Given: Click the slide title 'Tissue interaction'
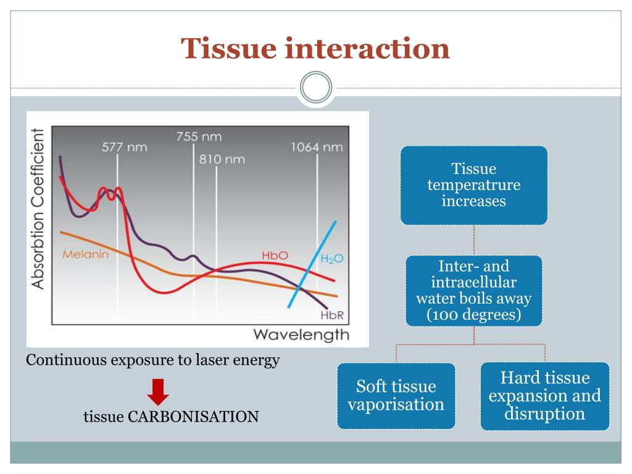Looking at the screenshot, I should [x=315, y=48].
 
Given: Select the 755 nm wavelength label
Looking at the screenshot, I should [x=199, y=136].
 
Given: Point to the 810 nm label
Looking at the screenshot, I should [x=222, y=160].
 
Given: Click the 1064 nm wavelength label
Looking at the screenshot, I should [x=317, y=148].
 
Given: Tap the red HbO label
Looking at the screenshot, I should [x=275, y=255].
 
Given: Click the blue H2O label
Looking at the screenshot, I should [x=331, y=259].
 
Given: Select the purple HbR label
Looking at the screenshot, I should [x=331, y=316].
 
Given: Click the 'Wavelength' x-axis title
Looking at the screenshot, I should [x=301, y=335].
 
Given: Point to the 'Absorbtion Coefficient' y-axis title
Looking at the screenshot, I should [x=38, y=209].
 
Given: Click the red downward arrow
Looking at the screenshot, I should [x=159, y=392].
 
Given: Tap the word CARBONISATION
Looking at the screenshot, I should [x=193, y=417].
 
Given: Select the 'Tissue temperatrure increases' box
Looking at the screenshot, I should [x=473, y=185].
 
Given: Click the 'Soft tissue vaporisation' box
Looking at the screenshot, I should [x=396, y=396].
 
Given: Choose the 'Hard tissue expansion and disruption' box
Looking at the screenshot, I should [x=544, y=396].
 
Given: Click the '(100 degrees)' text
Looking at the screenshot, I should [x=473, y=315].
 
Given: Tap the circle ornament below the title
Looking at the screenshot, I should [x=316, y=88].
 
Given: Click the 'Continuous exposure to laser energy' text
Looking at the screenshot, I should [x=153, y=360].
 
